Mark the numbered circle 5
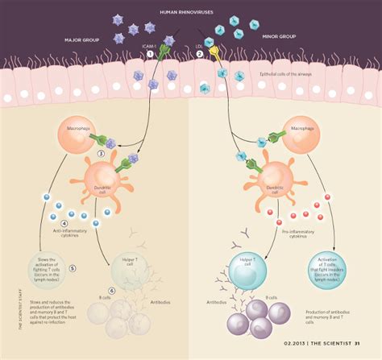[73, 267]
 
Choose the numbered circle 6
[112, 290]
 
